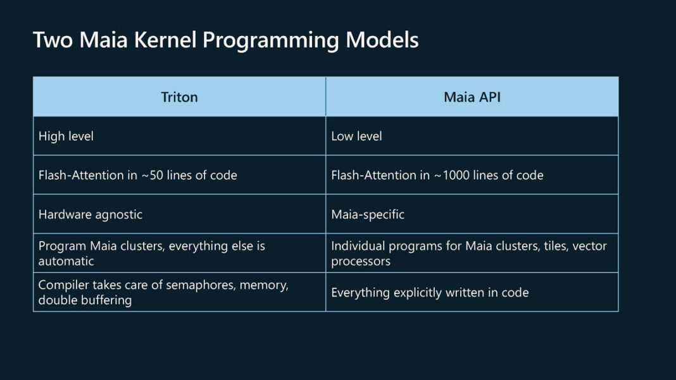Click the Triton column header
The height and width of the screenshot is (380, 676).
click(x=179, y=97)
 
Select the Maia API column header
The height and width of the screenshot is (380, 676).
click(x=472, y=97)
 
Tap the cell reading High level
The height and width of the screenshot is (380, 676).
click(x=66, y=136)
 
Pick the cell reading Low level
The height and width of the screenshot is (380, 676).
click(x=356, y=136)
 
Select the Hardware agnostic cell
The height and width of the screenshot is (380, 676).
click(x=91, y=214)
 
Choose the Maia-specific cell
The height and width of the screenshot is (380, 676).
click(x=368, y=214)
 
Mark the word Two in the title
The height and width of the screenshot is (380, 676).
click(x=49, y=40)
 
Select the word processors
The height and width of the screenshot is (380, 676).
click(x=361, y=261)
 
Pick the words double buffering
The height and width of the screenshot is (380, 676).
click(x=85, y=300)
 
